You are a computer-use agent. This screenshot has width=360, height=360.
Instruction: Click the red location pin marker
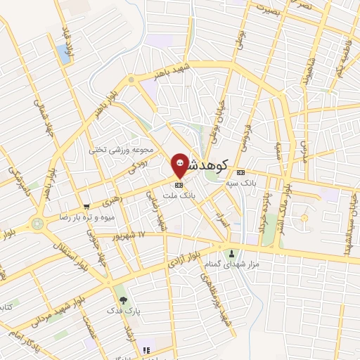(180, 166)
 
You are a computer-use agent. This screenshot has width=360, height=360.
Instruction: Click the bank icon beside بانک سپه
(240, 172)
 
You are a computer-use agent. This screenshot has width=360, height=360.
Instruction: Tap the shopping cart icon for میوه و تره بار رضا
(86, 207)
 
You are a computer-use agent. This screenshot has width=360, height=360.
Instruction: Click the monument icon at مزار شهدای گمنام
(232, 253)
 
